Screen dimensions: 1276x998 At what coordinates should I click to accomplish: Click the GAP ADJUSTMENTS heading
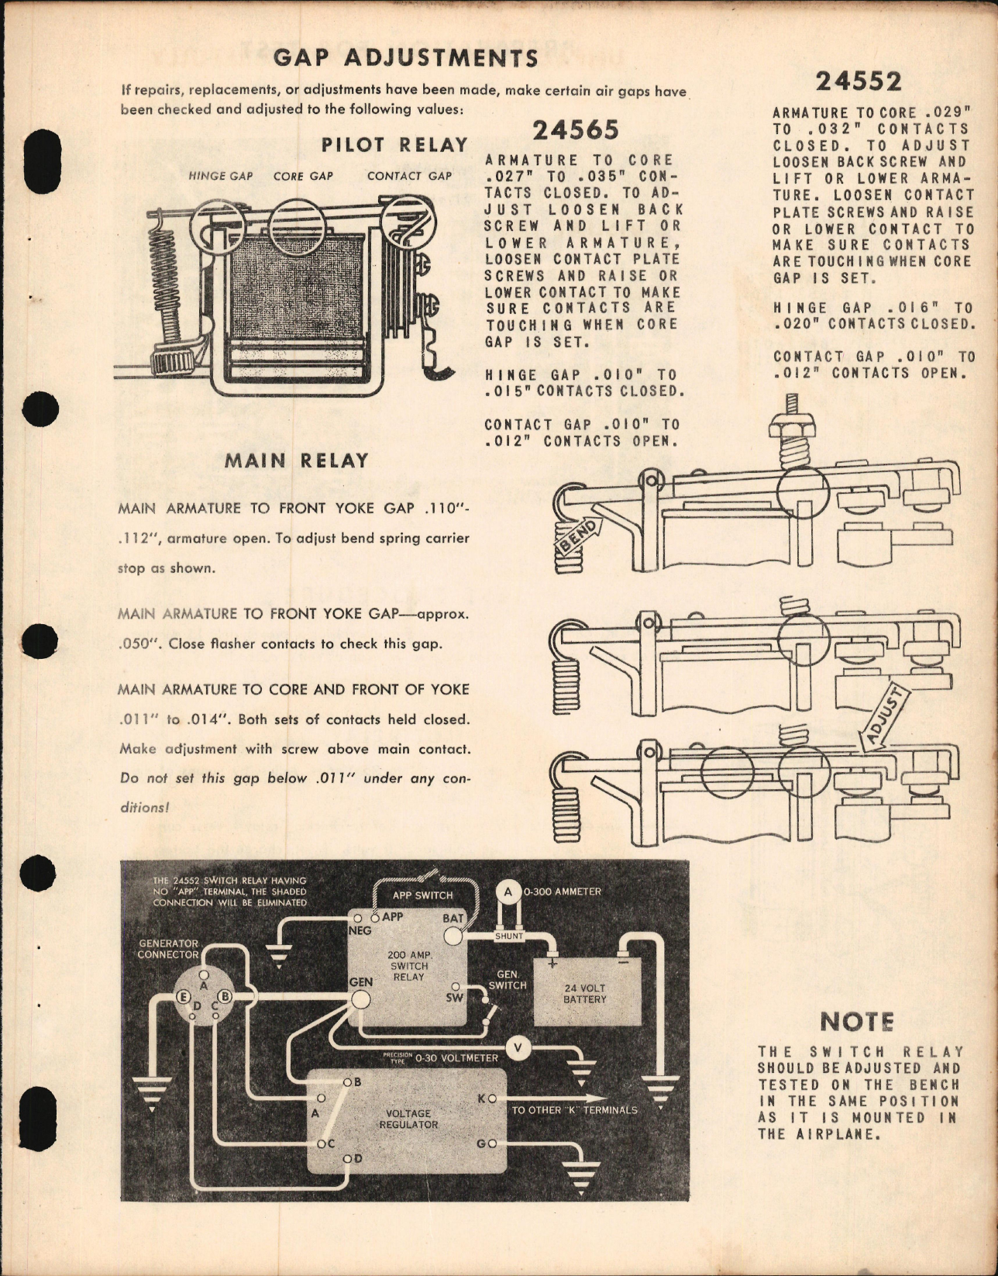pos(406,58)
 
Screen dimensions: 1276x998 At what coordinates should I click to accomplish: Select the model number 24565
pos(575,130)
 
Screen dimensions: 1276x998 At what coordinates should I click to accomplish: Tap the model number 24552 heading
pos(858,81)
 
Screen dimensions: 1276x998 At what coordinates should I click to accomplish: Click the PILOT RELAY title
pos(395,145)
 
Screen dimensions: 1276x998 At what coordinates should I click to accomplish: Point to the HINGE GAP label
pos(221,176)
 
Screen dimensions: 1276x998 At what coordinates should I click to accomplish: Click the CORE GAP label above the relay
pos(303,176)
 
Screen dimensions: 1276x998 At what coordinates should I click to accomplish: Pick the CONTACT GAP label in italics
pos(409,176)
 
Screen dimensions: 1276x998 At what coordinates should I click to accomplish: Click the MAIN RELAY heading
pos(296,460)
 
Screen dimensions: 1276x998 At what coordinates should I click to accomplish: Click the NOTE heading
pos(857,1022)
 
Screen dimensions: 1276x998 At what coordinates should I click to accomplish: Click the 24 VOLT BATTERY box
pos(585,993)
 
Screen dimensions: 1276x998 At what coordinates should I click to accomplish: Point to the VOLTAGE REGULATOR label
pos(408,1119)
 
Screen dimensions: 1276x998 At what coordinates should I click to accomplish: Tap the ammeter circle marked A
pos(508,892)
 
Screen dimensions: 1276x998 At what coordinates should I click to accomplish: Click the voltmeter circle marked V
pos(518,1049)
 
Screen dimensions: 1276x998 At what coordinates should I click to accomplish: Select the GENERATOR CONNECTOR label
pos(168,949)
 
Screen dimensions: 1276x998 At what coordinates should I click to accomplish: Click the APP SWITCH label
pos(422,895)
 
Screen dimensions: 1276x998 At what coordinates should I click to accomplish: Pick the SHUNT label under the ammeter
pos(508,936)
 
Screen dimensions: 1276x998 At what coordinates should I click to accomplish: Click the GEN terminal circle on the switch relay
pos(361,1000)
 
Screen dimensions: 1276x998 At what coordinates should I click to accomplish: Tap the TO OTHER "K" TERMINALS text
pos(574,1110)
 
